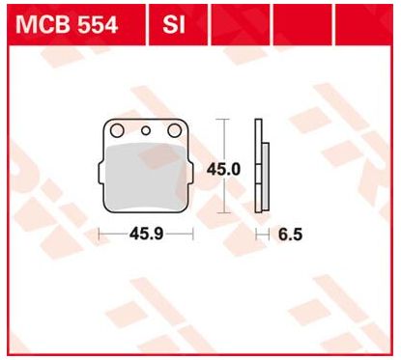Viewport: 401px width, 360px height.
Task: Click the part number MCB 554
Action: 67,25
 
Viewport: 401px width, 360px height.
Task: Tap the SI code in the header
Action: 174,25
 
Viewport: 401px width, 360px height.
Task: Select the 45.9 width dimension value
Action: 146,234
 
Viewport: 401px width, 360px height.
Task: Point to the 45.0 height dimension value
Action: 223,169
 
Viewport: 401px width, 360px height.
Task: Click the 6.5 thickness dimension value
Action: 290,235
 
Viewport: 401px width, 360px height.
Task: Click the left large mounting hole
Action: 117,130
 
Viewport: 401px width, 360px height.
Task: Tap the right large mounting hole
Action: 175,130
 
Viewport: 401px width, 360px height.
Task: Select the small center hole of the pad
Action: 146,130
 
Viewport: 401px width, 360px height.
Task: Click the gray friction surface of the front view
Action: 146,177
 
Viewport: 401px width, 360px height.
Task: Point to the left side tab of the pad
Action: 100,174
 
